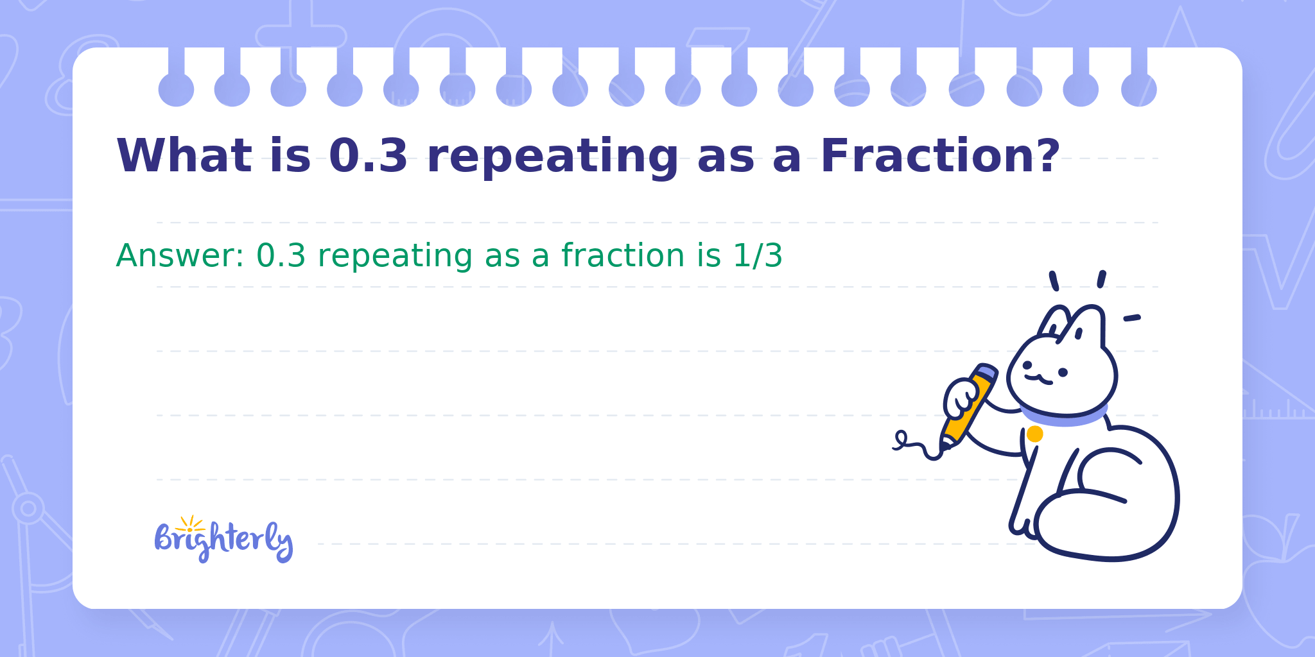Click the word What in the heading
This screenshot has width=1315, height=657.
coord(184,155)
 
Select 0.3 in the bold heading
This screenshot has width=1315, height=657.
coord(369,155)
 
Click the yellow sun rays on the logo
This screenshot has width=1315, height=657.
coord(190,524)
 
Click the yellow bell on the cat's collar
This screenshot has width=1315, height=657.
coord(1034,434)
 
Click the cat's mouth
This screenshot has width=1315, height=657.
coord(1038,379)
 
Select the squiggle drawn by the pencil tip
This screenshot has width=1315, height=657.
coord(917,445)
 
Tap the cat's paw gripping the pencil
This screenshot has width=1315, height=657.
coord(961,399)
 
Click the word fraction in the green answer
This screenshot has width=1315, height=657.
coord(623,255)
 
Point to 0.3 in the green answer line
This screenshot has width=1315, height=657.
coord(281,255)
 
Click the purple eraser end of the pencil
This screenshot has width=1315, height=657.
coord(986,371)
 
